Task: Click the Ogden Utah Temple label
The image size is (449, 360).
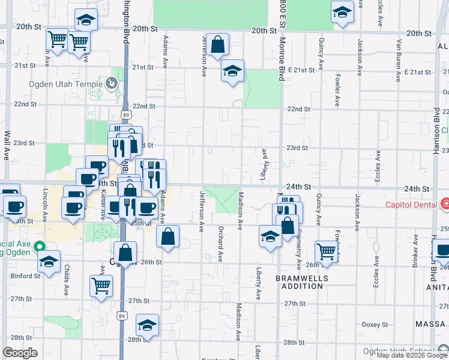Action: pyautogui.click(x=65, y=85)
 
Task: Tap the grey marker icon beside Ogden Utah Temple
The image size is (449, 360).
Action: pyautogui.click(x=110, y=83)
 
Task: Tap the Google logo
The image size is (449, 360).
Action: pyautogui.click(x=20, y=353)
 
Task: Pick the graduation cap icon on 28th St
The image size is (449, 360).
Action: pyautogui.click(x=147, y=325)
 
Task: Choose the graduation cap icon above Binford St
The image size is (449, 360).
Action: pyautogui.click(x=49, y=261)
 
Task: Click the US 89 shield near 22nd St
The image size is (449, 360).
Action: pyautogui.click(x=125, y=114)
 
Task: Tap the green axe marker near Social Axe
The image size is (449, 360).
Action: pyautogui.click(x=40, y=246)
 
